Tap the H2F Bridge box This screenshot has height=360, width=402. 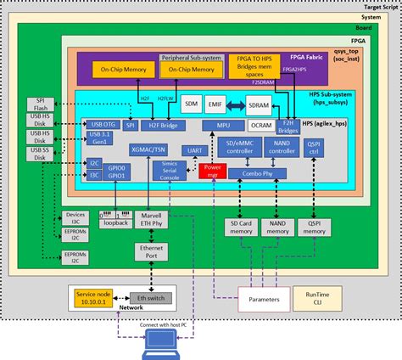point(162,126)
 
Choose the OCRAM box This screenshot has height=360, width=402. point(263,126)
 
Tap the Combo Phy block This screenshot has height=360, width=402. point(256,172)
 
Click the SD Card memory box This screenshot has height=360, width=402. point(242,227)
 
